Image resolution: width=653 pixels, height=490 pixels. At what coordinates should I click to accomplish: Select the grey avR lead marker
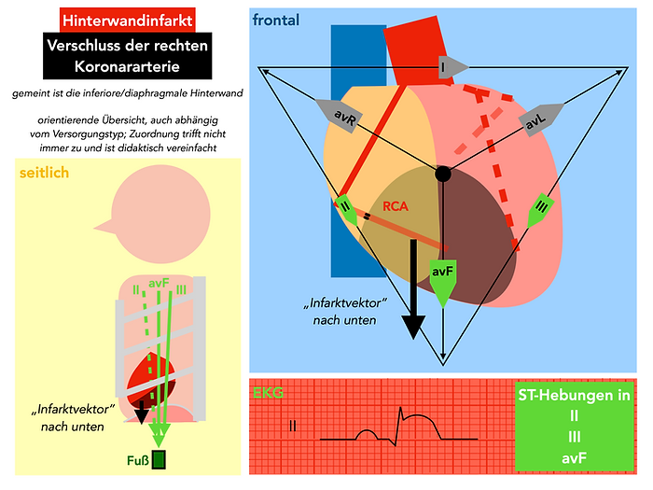pos(339,114)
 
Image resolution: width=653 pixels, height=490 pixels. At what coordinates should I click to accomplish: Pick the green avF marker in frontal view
pos(442,279)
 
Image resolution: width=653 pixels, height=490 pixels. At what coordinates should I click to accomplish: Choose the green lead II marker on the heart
pos(346,210)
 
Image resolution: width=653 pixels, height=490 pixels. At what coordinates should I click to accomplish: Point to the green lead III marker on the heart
pos(541,210)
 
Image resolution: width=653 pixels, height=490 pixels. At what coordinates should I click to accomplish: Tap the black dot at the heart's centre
pos(442,174)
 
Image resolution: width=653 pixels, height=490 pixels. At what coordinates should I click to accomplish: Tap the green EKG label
pos(270,393)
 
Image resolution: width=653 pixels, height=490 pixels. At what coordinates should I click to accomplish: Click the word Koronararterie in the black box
pos(127,67)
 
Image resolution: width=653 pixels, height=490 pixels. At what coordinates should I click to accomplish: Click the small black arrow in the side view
pos(142,412)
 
